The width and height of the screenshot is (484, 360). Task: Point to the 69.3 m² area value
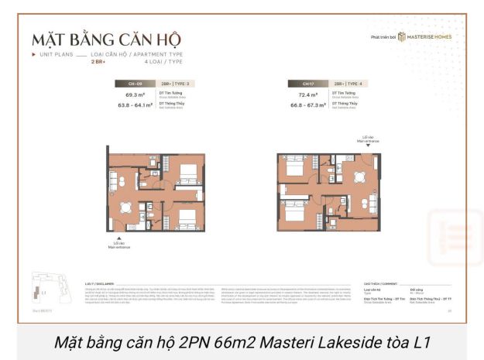136,96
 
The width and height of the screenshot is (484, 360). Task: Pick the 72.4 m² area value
309,96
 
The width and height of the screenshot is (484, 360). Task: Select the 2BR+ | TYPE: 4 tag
349,82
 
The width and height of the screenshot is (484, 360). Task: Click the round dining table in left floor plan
125,206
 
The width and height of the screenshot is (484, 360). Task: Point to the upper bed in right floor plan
295,167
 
